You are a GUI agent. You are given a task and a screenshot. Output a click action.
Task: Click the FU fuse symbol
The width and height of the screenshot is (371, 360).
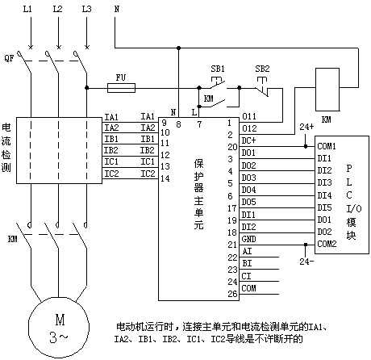click(x=121, y=88)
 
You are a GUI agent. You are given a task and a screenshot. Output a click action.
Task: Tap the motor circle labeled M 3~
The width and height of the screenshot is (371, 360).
click(x=59, y=327)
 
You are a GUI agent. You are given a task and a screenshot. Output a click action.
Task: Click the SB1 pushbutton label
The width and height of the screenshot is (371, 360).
click(x=218, y=69)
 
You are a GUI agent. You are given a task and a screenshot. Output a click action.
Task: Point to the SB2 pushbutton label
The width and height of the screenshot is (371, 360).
click(x=262, y=69)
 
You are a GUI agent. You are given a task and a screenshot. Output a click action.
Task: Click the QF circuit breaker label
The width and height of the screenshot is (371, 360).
click(x=9, y=57)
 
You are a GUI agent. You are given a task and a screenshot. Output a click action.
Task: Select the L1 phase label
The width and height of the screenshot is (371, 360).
click(x=27, y=9)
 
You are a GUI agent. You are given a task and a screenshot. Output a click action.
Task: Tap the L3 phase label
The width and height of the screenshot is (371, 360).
click(x=86, y=9)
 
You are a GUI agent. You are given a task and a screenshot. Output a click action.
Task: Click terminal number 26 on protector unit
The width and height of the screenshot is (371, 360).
click(x=232, y=294)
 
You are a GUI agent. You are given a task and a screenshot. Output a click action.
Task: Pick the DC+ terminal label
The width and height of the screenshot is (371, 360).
click(x=248, y=140)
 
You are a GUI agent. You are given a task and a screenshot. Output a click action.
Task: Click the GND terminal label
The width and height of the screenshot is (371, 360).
click(x=248, y=239)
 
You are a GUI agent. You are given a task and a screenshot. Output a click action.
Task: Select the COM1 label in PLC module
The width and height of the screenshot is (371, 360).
click(x=327, y=146)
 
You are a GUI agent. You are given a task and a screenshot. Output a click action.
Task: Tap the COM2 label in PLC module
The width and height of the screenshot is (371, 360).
click(x=327, y=244)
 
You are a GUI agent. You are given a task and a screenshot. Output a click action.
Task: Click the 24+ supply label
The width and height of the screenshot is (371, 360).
click(x=306, y=127)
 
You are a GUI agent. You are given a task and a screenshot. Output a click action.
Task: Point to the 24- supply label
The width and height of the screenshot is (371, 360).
click(x=306, y=262)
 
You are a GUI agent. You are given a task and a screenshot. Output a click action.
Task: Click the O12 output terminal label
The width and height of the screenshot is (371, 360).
click(x=249, y=128)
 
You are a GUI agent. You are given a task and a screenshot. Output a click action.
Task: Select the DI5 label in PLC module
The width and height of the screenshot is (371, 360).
click(x=324, y=207)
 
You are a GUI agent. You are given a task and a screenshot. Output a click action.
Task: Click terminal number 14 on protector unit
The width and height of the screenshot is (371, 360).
click(x=165, y=178)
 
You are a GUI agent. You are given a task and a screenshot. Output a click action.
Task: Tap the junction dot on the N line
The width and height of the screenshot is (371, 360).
click(x=178, y=48)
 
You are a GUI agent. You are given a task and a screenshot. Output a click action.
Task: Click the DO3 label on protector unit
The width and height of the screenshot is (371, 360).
click(x=248, y=178)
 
